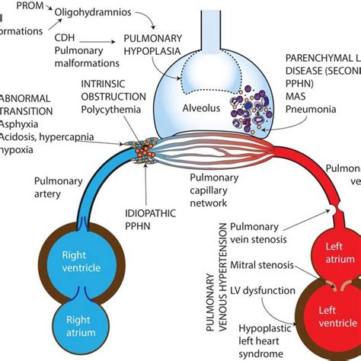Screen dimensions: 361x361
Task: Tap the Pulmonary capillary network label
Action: click(218, 190)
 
